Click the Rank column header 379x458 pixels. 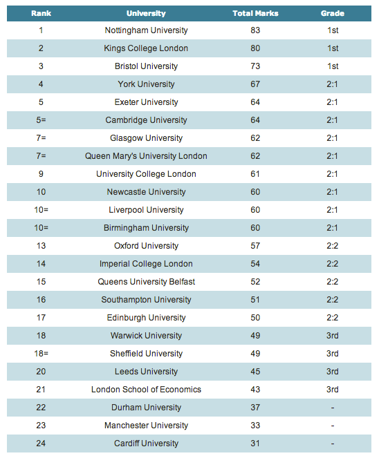(x=41, y=13)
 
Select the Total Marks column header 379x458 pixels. (x=255, y=13)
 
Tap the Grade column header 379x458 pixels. (x=333, y=13)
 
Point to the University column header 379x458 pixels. (x=146, y=13)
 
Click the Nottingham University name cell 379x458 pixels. (x=146, y=30)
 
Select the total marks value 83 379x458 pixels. (x=255, y=30)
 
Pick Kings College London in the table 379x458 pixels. (x=146, y=48)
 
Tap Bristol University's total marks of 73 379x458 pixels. (x=255, y=66)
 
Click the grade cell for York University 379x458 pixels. (x=332, y=84)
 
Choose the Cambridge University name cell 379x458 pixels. (x=146, y=120)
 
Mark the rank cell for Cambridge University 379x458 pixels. (x=41, y=120)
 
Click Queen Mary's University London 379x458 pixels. (x=146, y=156)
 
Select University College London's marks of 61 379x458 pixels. (x=255, y=174)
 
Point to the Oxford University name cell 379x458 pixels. (x=146, y=246)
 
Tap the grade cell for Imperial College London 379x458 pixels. (x=333, y=264)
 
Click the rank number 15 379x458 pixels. (x=41, y=282)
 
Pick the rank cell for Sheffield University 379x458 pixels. (x=41, y=354)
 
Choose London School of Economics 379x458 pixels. (x=146, y=390)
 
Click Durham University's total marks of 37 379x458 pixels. (x=255, y=408)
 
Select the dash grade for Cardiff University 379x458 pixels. (x=333, y=443)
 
